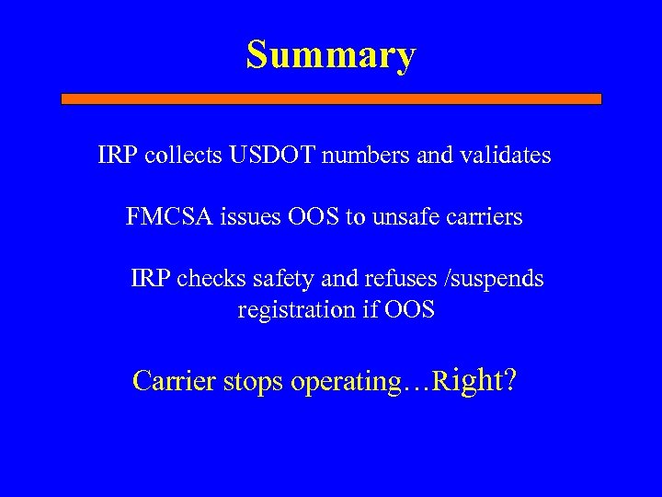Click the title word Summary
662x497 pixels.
coord(331,55)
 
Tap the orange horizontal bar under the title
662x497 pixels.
coord(331,98)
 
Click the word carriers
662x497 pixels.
coord(484,217)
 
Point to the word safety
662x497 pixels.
coord(277,278)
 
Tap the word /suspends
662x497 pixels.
coord(492,278)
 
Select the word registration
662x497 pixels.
coord(294,310)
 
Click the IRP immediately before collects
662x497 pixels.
coord(116,156)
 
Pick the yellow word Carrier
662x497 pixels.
coord(174,381)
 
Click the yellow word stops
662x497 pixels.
coord(254,381)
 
